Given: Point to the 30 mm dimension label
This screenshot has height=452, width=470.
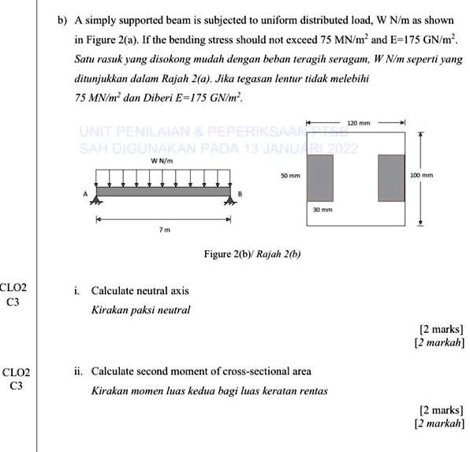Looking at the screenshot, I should coord(319,211).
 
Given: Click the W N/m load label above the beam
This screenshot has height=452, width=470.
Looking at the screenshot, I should coord(161,161).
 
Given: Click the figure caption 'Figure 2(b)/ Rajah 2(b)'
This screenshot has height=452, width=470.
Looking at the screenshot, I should coord(252,254).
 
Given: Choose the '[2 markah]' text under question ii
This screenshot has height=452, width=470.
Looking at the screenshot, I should coord(439,424).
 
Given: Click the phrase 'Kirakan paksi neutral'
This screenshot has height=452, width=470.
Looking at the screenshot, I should coord(141,310).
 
